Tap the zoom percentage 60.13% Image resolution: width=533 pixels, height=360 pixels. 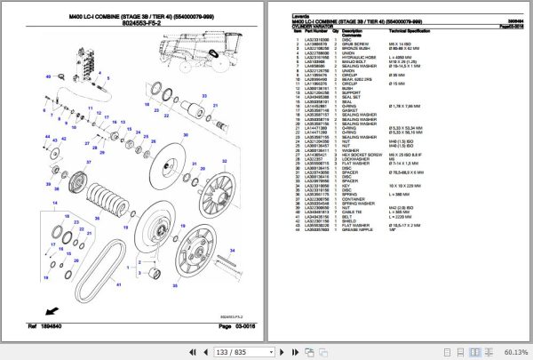pos(513,352)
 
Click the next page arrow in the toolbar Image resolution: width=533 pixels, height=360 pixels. pos(205,352)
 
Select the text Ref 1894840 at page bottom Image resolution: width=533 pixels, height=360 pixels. pos(25,328)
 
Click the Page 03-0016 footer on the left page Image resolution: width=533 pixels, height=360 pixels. pos(232,328)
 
